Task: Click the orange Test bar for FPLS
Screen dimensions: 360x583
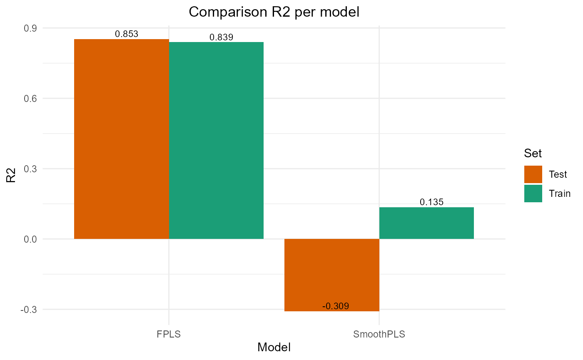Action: click(121, 139)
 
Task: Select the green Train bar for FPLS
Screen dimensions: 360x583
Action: click(216, 140)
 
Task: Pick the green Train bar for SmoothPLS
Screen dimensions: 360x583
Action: click(426, 223)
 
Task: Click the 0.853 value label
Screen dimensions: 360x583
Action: click(127, 34)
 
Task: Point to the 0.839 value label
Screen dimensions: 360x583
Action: click(221, 37)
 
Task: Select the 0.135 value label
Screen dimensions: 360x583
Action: click(431, 202)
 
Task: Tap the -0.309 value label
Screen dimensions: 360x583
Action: click(336, 306)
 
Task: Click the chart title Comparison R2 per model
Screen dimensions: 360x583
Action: click(274, 12)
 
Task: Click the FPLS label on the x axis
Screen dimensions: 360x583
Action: click(169, 334)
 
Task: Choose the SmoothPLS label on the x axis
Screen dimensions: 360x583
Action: click(379, 334)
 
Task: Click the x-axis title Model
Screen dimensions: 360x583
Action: click(274, 348)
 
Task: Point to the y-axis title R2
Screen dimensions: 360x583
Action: click(11, 175)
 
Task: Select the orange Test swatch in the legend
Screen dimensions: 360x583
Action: click(533, 174)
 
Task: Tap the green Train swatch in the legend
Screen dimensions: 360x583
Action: click(533, 194)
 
